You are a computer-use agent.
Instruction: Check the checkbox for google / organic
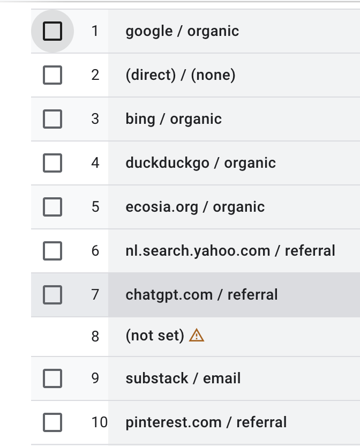52,31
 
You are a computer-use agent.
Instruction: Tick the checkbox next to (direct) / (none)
52,75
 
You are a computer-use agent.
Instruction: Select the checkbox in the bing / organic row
52,119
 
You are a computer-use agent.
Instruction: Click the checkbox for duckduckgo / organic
52,163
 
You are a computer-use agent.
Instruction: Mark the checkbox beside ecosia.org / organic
52,207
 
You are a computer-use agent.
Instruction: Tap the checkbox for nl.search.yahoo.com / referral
52,251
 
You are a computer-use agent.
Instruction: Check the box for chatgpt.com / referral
52,295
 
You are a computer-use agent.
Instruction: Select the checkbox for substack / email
52,378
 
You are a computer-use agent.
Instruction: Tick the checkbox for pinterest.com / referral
52,422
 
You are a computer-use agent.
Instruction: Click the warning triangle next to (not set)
197,336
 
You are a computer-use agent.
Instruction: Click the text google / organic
182,31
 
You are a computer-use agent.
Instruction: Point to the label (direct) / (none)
181,75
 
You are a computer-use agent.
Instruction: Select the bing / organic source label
174,119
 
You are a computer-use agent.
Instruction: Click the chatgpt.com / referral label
201,295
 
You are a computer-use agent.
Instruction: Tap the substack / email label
183,378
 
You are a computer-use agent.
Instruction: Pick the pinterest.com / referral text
206,422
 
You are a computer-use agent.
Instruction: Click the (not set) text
155,336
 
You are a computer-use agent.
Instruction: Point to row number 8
95,336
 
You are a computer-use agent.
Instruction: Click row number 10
99,422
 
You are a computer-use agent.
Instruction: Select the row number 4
95,163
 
